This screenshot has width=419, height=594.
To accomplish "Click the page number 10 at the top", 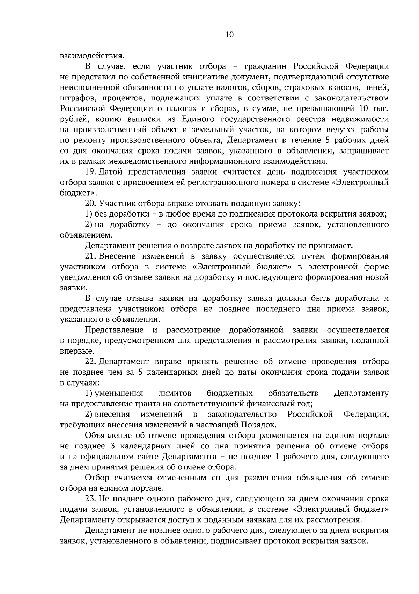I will (230, 34).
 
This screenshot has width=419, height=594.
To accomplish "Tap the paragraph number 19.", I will (90, 172).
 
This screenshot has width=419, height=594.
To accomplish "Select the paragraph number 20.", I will (90, 203).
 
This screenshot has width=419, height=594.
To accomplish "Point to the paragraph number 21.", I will (90, 256).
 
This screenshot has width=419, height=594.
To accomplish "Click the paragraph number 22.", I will (90, 361).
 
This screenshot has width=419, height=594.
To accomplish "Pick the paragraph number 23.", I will (90, 498).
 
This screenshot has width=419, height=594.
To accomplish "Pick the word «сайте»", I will (150, 457).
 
